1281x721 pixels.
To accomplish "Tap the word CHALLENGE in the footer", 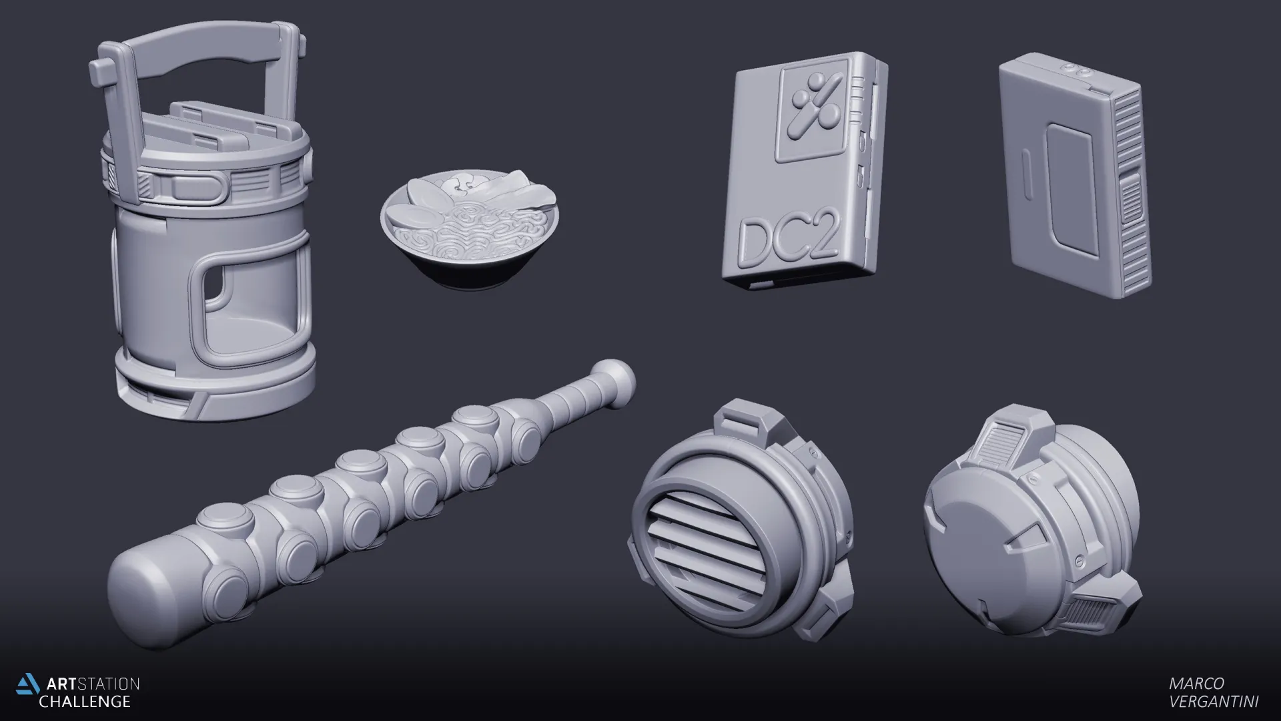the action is pos(85,702).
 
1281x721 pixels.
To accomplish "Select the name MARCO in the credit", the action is pos(1196,684).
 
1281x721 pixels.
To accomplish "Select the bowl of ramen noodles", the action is pos(470,230).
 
